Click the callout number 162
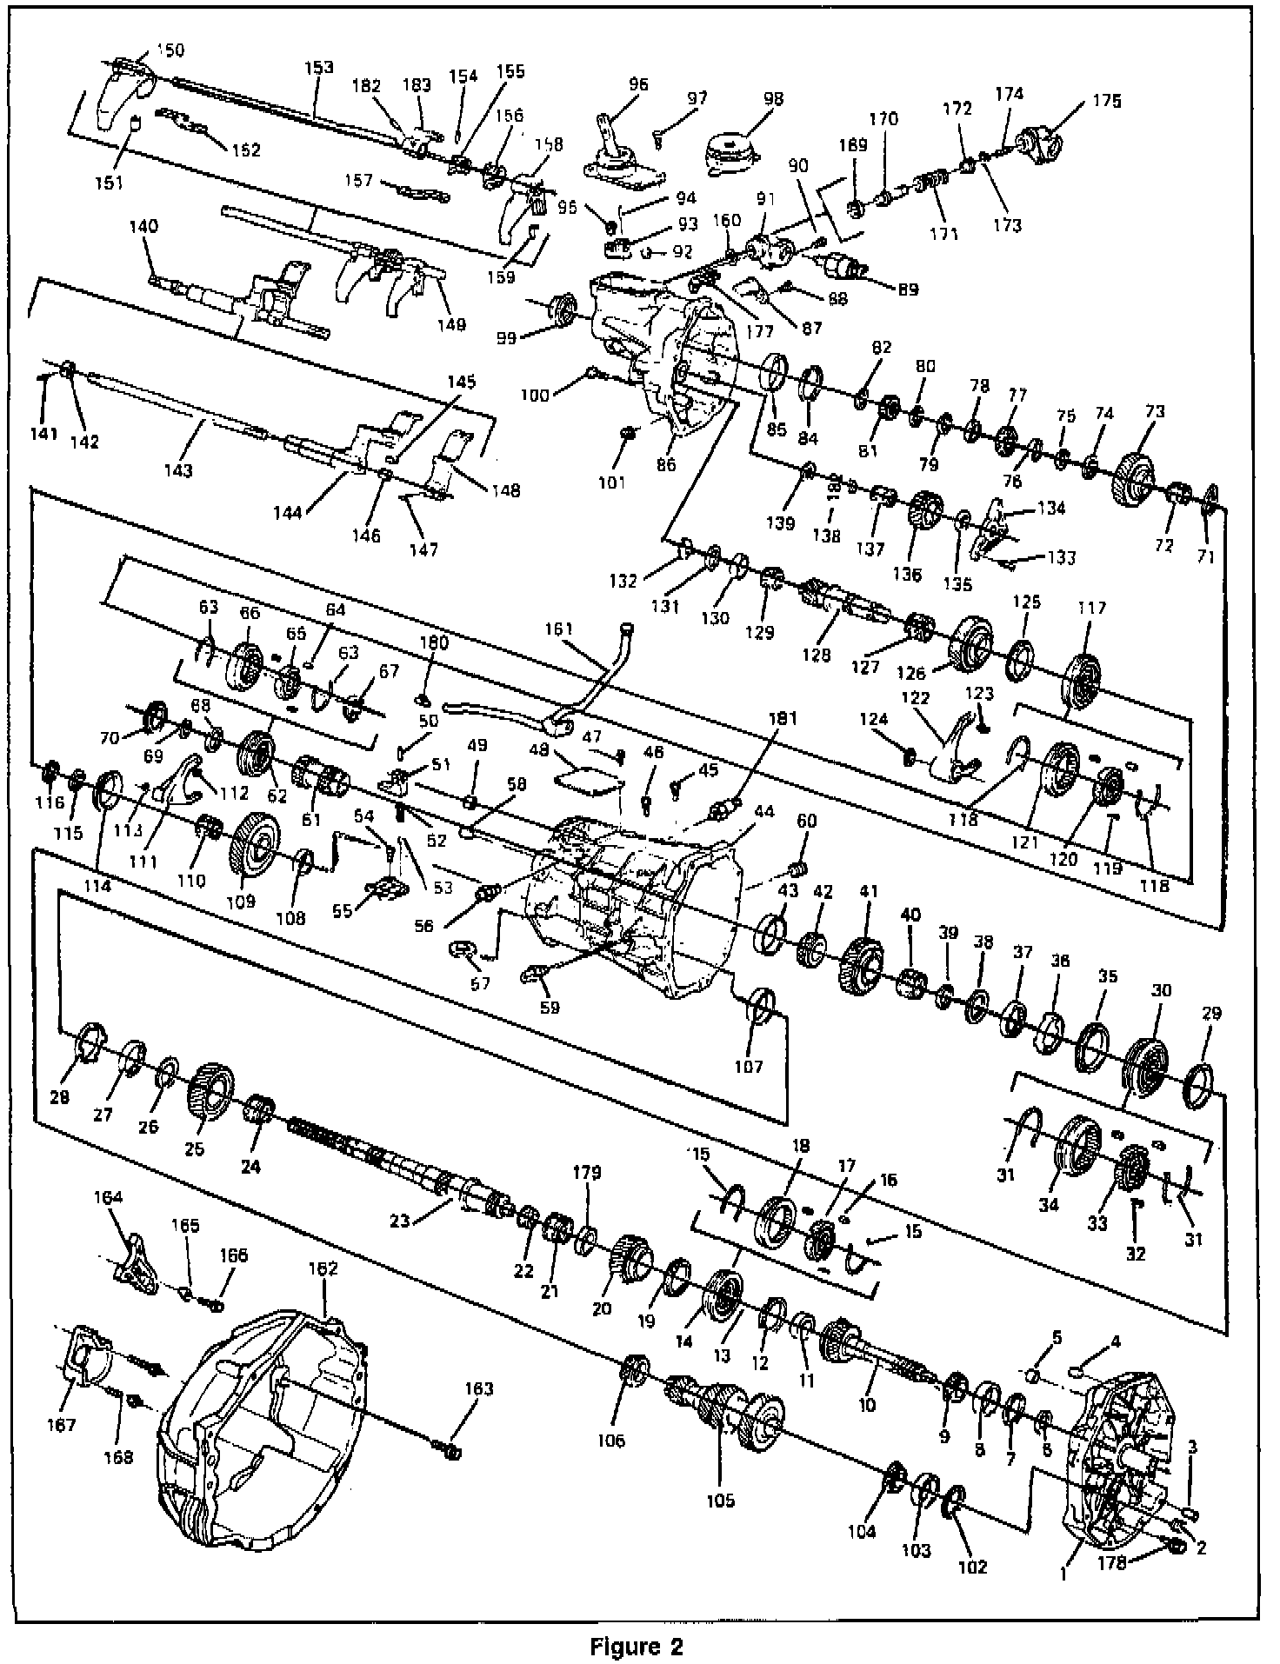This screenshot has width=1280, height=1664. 322,1269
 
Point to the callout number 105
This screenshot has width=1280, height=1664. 720,1500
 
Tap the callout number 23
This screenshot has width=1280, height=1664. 398,1220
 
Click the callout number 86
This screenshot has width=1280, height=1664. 665,465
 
